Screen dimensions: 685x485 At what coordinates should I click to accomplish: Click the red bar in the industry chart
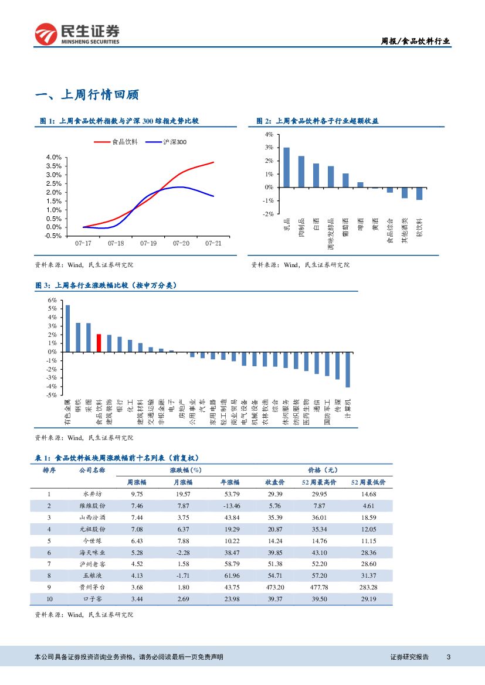(x=99, y=343)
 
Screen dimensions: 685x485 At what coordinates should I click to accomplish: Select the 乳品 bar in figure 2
(x=286, y=167)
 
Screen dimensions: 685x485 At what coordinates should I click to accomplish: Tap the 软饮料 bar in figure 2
(x=419, y=193)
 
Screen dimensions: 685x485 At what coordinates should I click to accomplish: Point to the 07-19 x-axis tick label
(x=148, y=242)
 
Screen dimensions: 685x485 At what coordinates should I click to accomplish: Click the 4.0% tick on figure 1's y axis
(x=54, y=158)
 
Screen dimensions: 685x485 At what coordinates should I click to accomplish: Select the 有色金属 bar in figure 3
(x=67, y=328)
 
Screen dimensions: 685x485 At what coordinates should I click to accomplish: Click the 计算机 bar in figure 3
(x=348, y=369)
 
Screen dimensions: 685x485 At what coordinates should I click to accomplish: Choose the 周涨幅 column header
(x=137, y=482)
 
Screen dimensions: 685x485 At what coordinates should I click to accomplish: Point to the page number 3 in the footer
(x=449, y=657)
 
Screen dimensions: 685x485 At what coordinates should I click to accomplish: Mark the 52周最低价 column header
(x=368, y=482)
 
